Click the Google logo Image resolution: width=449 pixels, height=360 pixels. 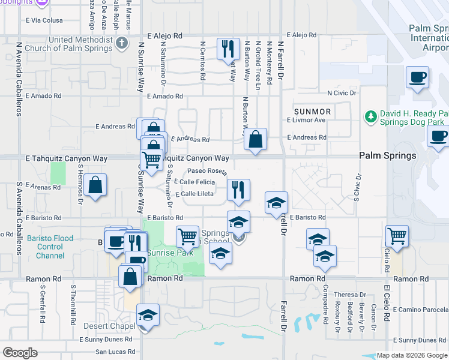point(20,352)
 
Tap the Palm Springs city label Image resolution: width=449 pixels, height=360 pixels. point(387,155)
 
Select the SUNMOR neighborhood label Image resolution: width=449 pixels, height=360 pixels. point(312,112)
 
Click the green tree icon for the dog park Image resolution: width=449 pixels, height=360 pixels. point(370,116)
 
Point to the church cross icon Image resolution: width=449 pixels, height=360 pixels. point(122,43)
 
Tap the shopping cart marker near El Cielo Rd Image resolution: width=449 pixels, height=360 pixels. point(397,235)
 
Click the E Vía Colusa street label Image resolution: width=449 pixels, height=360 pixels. point(44,20)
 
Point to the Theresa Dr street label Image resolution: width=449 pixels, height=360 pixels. point(350,295)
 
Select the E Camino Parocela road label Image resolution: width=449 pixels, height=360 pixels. point(420,308)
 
